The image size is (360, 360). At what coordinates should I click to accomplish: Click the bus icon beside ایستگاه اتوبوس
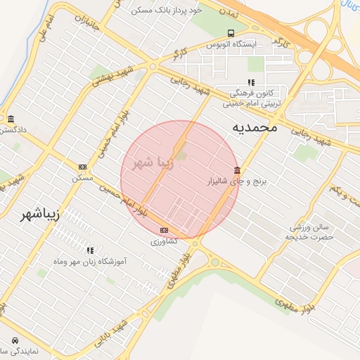click(231, 33)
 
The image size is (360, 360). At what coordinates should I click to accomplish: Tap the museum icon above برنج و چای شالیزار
click(238, 171)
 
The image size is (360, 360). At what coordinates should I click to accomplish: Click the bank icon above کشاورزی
click(165, 230)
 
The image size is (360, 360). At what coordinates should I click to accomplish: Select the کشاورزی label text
click(165, 241)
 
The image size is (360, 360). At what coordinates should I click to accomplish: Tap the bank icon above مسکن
click(83, 167)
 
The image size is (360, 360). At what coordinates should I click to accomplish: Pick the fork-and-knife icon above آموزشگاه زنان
click(89, 250)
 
